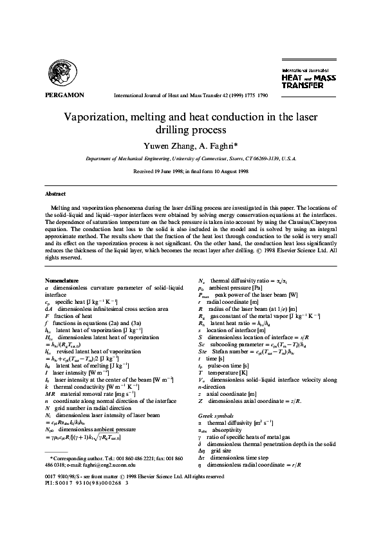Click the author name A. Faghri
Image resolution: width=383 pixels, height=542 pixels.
coord(217,144)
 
